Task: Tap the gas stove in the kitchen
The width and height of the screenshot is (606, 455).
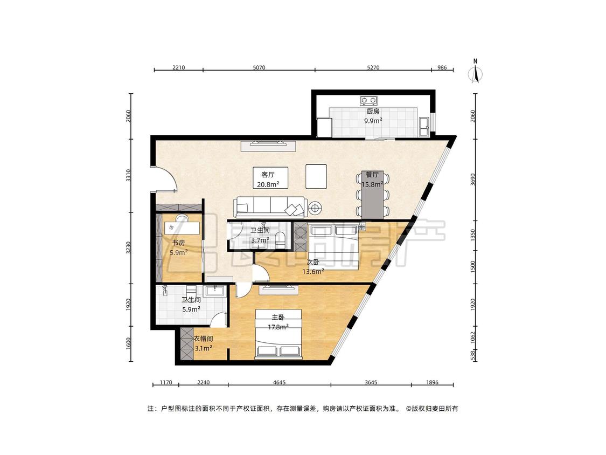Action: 368,101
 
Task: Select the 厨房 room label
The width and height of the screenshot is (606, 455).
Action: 373,112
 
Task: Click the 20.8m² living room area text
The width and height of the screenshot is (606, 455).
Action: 268,184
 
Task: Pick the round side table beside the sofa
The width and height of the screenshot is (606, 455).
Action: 315,209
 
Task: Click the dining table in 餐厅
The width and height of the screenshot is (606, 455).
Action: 373,195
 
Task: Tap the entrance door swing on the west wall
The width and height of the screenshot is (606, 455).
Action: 165,178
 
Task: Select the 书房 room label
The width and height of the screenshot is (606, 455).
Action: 178,243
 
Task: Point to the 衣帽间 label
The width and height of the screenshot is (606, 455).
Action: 203,339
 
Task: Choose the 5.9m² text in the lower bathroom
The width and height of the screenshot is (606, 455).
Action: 191,309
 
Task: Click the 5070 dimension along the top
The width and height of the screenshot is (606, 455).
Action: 259,67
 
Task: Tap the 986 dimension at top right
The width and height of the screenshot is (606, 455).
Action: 442,67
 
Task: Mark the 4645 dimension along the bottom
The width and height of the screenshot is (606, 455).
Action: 279,383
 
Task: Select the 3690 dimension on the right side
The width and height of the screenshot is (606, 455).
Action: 473,180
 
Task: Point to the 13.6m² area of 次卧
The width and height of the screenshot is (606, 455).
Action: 313,272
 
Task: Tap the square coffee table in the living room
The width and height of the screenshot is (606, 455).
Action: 316,176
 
